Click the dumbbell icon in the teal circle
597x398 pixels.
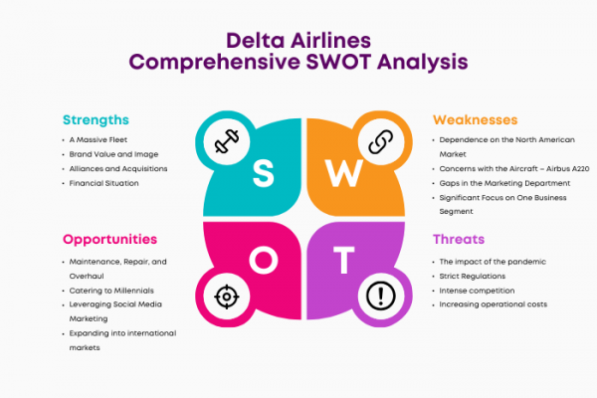[227, 141]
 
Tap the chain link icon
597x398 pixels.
[381, 141]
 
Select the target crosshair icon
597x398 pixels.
[227, 297]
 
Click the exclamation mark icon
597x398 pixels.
[381, 296]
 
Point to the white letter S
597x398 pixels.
[263, 173]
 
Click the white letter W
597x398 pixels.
[344, 173]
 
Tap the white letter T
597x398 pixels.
[344, 260]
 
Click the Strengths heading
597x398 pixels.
[96, 120]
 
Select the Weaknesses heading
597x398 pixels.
[476, 120]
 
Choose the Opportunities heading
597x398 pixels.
[110, 240]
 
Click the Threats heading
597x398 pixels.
[459, 239]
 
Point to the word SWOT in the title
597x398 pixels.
[339, 62]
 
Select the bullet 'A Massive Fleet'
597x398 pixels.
[99, 139]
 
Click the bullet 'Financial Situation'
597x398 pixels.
[103, 183]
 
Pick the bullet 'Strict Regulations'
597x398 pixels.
[473, 277]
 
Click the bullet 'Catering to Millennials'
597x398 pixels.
[111, 291]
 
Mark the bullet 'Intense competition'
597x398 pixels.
[477, 291]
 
